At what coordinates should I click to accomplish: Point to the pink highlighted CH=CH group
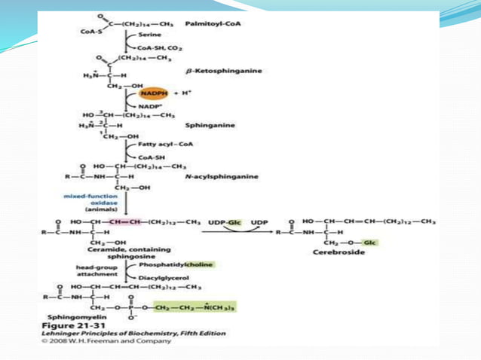pos(124,221)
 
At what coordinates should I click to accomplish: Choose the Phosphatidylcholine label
pos(178,265)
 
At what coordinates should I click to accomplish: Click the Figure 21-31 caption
pos(72,325)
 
